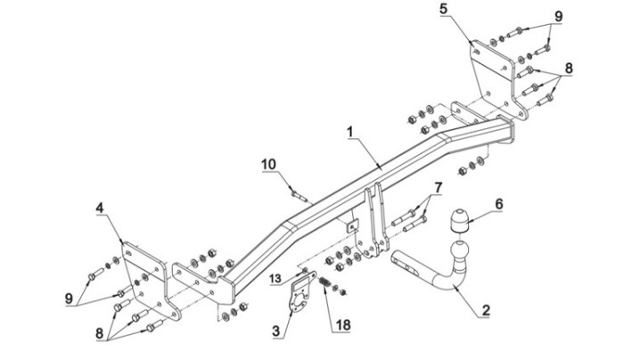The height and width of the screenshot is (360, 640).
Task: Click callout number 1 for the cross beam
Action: point(349,132)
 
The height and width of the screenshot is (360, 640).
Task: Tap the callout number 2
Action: point(485,310)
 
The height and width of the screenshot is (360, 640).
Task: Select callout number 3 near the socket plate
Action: point(276,331)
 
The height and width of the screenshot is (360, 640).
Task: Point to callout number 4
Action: point(100,208)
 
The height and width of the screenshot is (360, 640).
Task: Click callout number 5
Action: point(444,9)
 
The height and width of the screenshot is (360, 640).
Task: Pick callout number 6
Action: point(499,204)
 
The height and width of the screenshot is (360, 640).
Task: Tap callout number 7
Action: point(438,188)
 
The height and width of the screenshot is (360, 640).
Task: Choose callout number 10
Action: point(269,164)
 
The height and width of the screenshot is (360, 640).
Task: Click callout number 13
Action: point(275,278)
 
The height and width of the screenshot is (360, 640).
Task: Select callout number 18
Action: point(343,325)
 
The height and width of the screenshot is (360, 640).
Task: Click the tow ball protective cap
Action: point(460,220)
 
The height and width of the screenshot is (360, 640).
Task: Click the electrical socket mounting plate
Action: point(301,293)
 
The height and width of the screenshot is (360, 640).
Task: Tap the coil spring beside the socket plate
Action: point(325,282)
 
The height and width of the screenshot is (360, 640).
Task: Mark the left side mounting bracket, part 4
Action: point(152,279)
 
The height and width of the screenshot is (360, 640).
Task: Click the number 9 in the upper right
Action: point(558,16)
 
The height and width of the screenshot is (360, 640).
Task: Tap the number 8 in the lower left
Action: point(99,333)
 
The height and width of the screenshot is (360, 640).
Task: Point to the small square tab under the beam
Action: point(352,225)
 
